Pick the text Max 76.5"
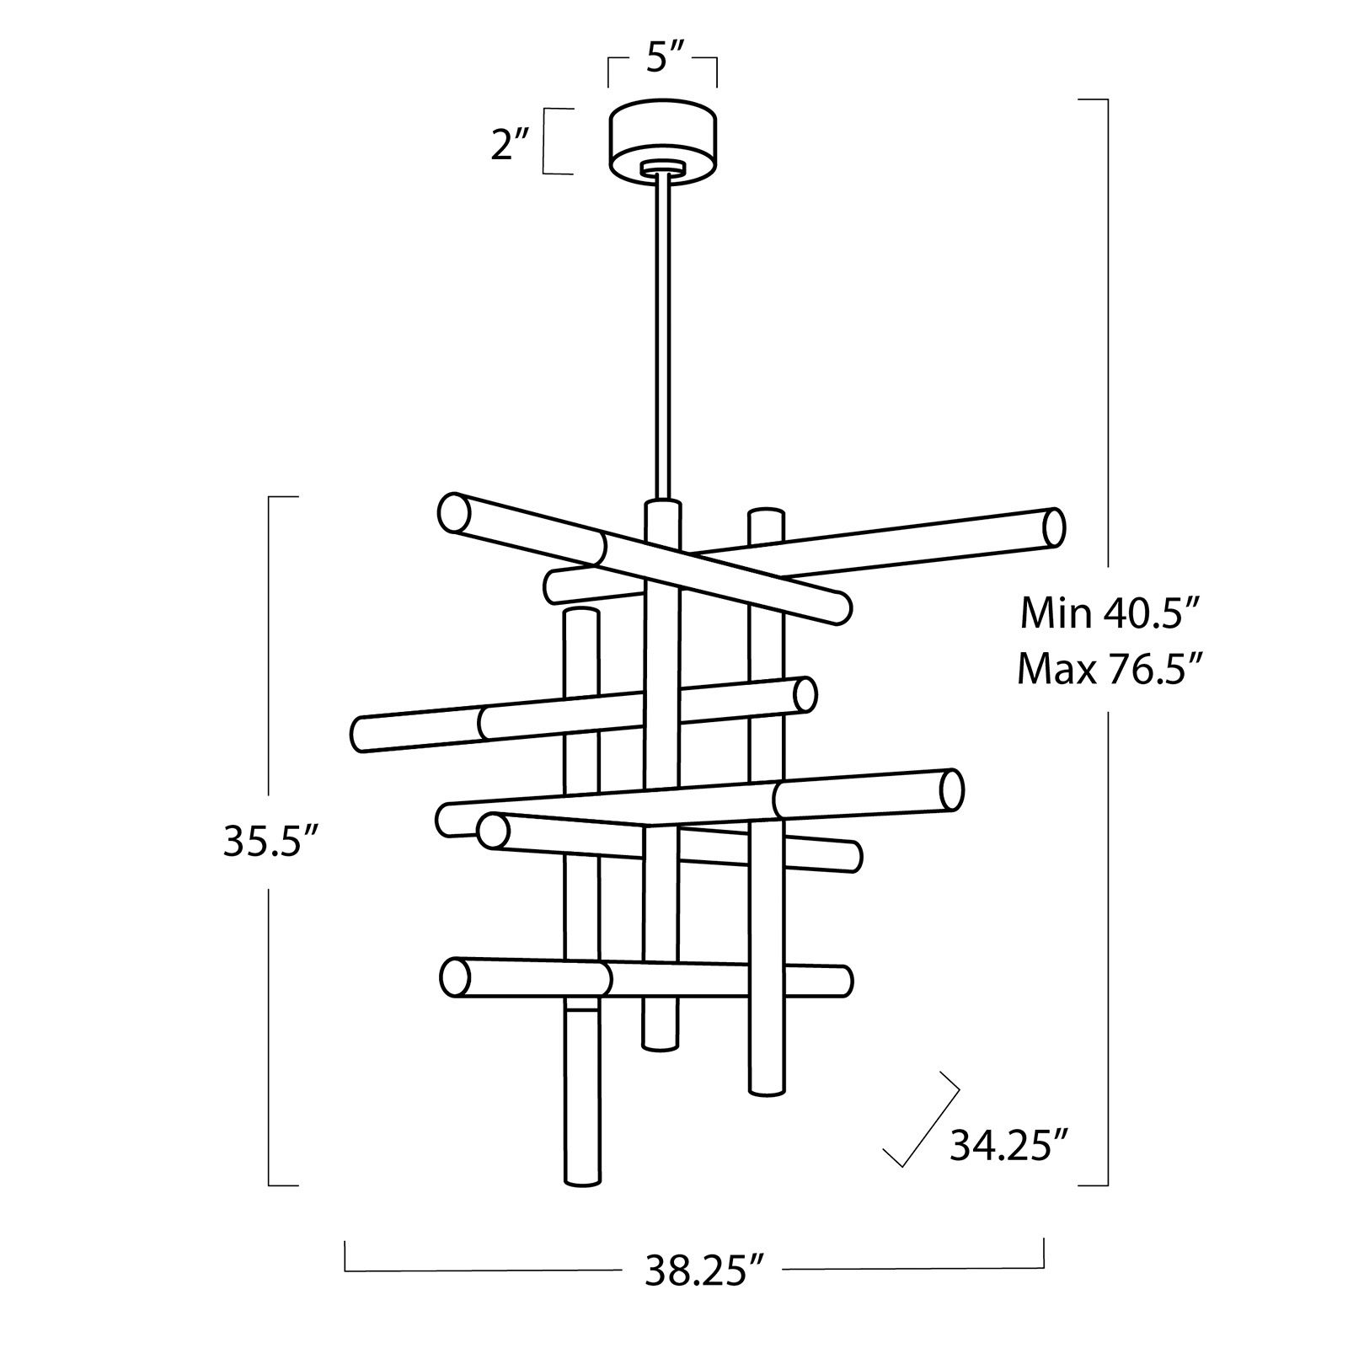[1108, 671]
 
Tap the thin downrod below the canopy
[662, 337]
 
